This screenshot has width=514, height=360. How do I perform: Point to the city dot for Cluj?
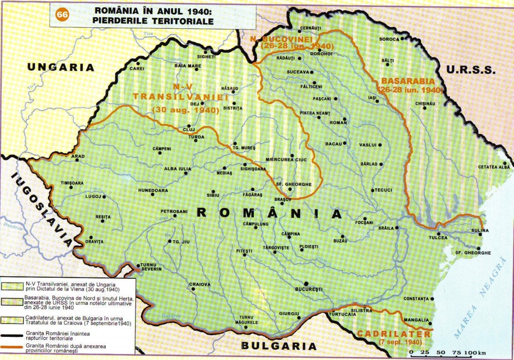[188, 126]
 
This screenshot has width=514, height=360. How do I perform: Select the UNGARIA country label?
[60, 67]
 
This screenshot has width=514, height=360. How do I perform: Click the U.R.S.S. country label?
[469, 70]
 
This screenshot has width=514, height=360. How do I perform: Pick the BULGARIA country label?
[278, 346]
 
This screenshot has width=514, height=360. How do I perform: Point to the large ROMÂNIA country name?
[269, 213]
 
